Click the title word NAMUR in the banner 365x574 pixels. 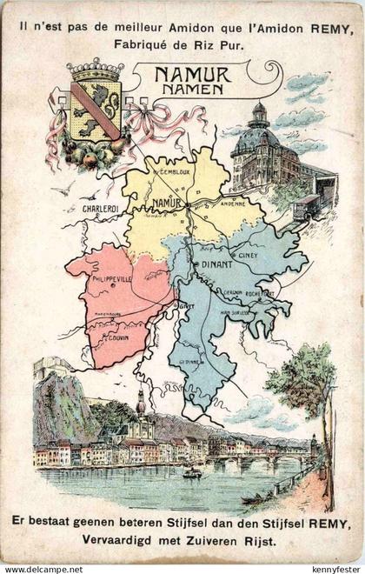[193, 76]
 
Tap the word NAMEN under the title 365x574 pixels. [193, 90]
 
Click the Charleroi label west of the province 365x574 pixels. [101, 209]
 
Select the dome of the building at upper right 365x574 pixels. [257, 116]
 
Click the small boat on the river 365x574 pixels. [192, 473]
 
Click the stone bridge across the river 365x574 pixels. [261, 460]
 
